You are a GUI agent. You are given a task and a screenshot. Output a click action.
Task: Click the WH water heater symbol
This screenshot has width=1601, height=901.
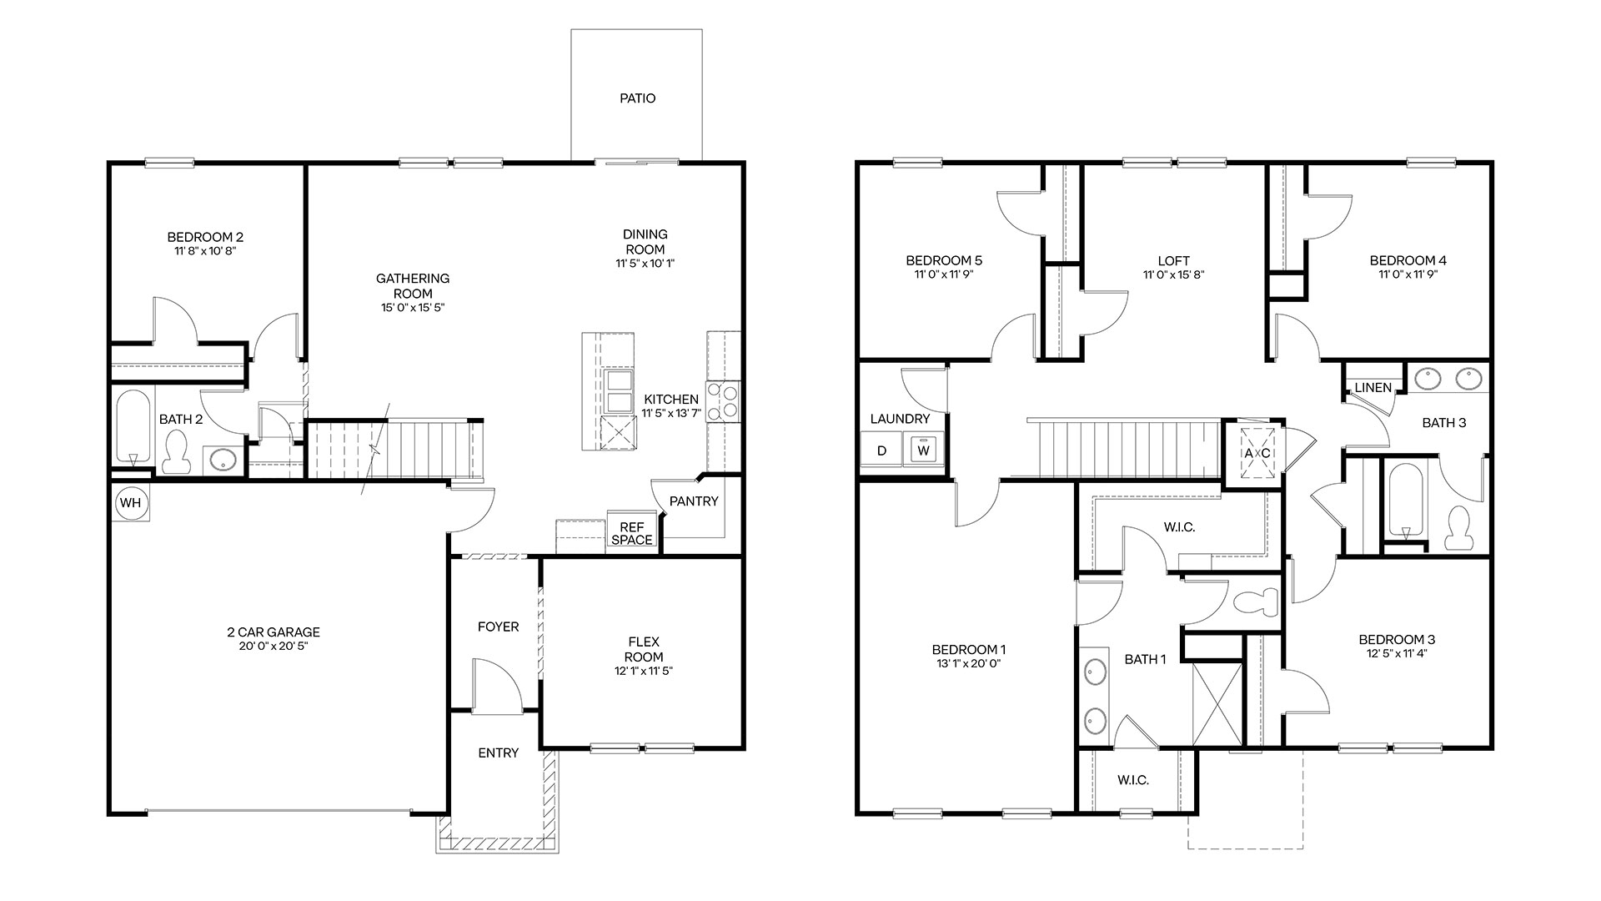[x=130, y=503]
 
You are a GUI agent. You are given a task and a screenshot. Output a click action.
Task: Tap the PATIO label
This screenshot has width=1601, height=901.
[x=637, y=98]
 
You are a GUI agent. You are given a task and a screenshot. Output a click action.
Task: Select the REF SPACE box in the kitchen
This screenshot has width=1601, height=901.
[x=631, y=533]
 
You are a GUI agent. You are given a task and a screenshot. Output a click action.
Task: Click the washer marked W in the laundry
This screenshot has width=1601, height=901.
[x=923, y=450]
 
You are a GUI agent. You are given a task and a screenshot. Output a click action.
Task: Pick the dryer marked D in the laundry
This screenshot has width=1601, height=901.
[x=882, y=450]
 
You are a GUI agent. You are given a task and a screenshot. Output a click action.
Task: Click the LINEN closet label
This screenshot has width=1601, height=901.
[x=1373, y=387]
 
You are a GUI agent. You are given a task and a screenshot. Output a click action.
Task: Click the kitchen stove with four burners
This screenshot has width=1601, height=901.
[x=723, y=401]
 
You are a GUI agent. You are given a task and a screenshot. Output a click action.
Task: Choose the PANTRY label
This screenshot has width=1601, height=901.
[x=694, y=501]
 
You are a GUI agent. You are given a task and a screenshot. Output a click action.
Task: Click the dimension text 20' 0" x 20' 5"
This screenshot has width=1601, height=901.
[x=274, y=646]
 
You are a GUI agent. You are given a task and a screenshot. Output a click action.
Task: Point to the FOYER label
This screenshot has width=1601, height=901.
[x=498, y=627]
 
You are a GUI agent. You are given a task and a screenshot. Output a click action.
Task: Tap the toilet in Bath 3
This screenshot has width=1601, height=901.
[x=1459, y=528]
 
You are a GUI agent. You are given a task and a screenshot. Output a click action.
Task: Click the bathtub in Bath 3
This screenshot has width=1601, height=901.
[x=1405, y=501]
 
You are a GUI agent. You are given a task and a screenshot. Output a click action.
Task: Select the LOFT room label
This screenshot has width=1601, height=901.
[x=1173, y=260]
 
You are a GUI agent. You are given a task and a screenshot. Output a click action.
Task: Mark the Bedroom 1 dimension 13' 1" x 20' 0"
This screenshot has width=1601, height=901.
[x=969, y=664]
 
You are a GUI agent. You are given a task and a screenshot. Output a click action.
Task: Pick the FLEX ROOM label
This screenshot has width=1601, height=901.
[x=644, y=649]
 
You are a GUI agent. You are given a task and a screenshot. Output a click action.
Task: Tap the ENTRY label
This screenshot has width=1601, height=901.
[x=498, y=753]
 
